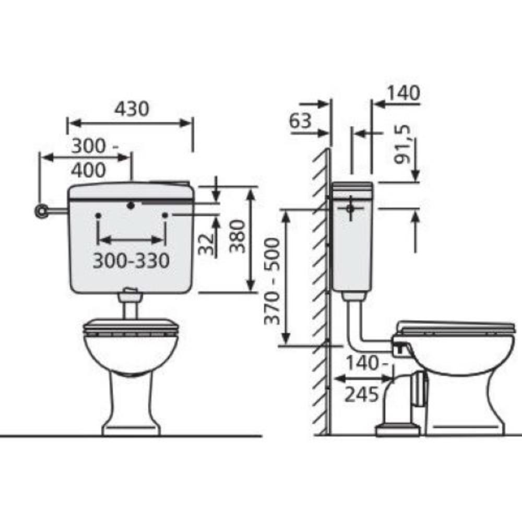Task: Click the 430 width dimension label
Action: [x=132, y=109]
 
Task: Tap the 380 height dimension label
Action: [x=238, y=236]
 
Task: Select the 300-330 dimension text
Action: [x=131, y=260]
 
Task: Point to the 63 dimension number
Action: [x=300, y=121]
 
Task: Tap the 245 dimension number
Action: [x=362, y=395]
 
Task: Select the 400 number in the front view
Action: [x=88, y=170]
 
